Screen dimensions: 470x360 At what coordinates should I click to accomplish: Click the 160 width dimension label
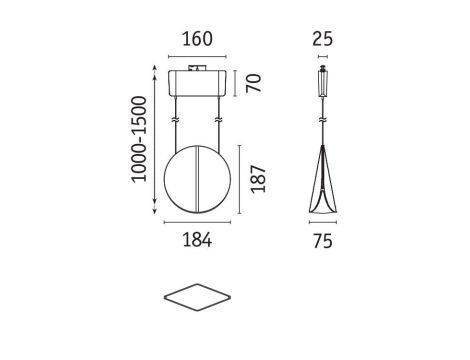click(x=197, y=39)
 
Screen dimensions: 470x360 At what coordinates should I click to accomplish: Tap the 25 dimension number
click(x=322, y=39)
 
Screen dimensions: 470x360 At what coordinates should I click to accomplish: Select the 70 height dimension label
click(x=254, y=83)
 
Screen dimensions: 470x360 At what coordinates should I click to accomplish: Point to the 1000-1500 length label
click(x=139, y=139)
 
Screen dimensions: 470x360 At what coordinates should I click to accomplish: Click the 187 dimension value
click(x=258, y=179)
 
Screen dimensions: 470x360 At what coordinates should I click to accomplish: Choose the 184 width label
click(x=197, y=240)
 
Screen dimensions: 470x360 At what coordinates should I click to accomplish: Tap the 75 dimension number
click(x=323, y=241)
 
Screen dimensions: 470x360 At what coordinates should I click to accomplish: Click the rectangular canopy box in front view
click(x=197, y=83)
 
